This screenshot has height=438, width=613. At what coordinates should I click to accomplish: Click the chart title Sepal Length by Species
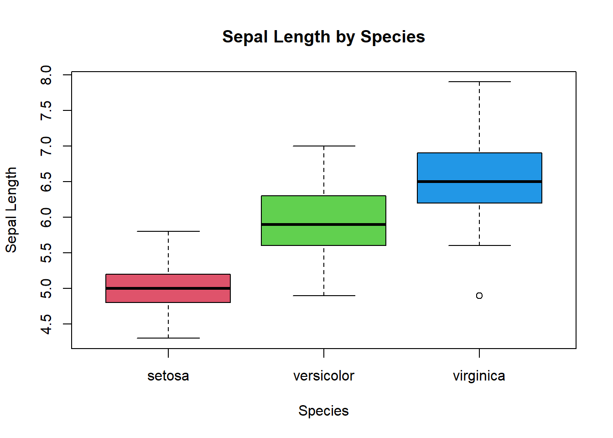323,36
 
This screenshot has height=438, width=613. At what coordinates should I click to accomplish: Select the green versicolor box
323,210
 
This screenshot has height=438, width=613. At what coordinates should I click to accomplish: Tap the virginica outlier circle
479,296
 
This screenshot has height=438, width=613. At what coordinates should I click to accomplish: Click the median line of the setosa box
168,288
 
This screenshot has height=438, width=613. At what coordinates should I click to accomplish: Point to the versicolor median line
323,224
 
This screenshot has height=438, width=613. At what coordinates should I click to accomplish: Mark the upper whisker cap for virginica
479,82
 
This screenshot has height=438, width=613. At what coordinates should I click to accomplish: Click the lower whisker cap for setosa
168,338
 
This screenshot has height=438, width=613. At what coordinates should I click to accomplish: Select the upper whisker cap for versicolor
323,146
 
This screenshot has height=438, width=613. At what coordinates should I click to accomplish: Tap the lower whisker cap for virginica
479,245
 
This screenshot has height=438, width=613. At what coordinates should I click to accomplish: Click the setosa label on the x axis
168,376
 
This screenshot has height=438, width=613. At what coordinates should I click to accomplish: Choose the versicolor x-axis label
323,376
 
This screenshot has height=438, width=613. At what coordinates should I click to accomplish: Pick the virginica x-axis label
479,376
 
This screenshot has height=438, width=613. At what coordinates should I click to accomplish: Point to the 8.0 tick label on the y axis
46,75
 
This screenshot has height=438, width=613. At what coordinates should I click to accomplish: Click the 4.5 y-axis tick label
46,324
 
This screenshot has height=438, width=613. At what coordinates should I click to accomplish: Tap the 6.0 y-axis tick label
46,217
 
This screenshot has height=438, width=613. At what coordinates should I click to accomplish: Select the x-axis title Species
323,411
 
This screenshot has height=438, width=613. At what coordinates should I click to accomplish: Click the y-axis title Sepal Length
11,210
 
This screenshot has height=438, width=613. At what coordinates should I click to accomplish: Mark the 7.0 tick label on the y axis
46,146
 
